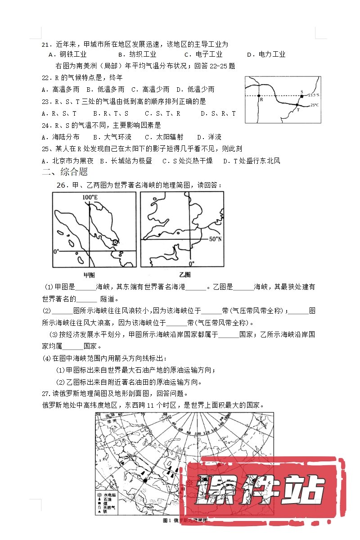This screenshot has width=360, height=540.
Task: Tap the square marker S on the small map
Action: click(x=301, y=95)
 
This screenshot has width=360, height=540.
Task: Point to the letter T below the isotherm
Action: click(x=297, y=109)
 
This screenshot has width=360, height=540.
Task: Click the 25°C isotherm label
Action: click(x=314, y=105)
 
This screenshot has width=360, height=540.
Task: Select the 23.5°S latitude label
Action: click(x=314, y=95)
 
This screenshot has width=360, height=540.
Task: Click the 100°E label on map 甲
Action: click(x=90, y=198)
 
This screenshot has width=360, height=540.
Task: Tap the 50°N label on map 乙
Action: click(x=216, y=239)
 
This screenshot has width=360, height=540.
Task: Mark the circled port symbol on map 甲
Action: click(x=115, y=242)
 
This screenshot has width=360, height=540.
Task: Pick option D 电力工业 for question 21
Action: click(x=268, y=54)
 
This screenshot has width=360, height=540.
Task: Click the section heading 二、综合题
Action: click(x=64, y=171)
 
